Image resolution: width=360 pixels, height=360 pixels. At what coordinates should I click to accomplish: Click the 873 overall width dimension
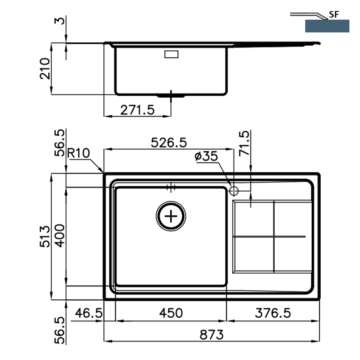(x=211, y=335)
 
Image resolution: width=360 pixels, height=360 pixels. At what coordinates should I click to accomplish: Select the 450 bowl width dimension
(x=171, y=313)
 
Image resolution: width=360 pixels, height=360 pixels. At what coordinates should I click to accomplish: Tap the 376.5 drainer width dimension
(x=273, y=313)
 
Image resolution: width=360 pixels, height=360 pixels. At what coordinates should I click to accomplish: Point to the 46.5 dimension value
(x=89, y=313)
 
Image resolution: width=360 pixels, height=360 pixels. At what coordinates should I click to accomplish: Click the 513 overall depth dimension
(x=45, y=236)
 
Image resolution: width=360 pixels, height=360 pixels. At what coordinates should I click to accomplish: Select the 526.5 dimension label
(x=169, y=143)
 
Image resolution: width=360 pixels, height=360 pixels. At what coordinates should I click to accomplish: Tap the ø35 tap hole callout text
(x=206, y=156)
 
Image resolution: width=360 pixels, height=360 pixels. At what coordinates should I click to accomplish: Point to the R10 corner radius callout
(x=78, y=153)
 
